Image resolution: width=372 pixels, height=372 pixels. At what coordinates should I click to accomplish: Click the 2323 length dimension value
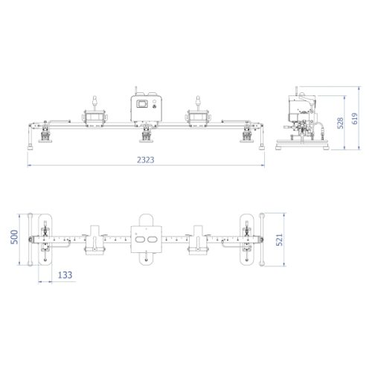coord(146,160)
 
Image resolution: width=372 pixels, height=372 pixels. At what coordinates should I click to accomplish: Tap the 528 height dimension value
coord(341,123)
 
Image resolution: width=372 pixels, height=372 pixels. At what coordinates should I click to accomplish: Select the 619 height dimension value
coord(355,118)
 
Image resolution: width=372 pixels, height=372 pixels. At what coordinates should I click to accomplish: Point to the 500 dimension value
coord(14,237)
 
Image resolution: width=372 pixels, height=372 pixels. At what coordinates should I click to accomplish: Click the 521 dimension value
coord(280,240)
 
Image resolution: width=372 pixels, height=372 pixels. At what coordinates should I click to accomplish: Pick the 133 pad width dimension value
coord(65,275)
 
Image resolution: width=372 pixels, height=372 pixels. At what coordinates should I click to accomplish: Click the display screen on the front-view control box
coord(142,103)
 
